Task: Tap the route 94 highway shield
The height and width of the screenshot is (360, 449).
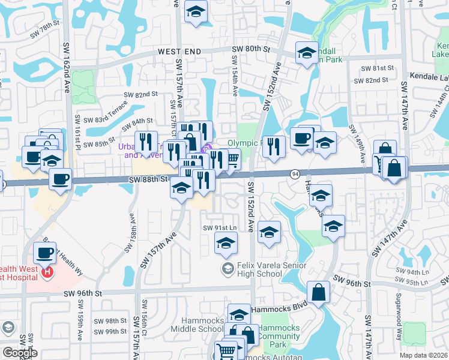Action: [295, 174]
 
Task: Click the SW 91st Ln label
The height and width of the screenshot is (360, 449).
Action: [217, 228]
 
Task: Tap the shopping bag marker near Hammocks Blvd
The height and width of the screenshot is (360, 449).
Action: [319, 293]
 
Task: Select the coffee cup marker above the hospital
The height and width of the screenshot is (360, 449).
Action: [44, 253]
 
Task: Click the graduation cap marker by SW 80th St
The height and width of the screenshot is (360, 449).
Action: [307, 53]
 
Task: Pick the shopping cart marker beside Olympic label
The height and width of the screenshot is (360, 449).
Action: [231, 158]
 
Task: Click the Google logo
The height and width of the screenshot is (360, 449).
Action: [20, 353]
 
